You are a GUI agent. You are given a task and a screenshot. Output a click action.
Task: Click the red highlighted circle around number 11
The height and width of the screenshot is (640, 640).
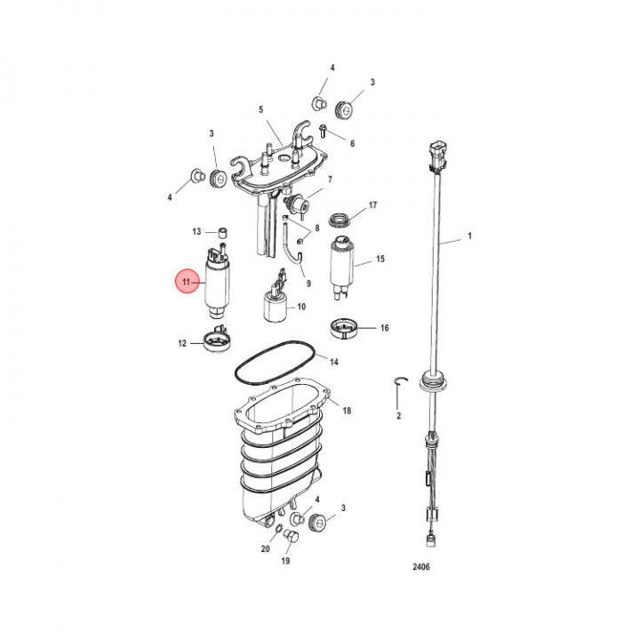click(188, 282)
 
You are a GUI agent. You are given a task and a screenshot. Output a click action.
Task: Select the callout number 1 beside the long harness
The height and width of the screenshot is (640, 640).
click(470, 236)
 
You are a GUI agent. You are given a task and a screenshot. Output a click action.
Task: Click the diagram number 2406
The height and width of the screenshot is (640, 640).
click(420, 566)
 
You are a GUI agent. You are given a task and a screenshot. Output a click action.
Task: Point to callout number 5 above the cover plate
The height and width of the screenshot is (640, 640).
click(261, 109)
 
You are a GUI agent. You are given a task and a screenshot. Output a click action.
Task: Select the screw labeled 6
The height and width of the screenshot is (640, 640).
click(323, 131)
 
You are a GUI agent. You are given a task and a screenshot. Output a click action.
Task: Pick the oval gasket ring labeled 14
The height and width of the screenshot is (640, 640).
click(276, 363)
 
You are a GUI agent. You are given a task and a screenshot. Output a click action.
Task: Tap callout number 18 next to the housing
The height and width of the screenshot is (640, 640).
click(347, 410)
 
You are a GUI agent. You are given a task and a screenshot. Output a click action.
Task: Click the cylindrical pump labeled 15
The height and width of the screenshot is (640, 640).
click(341, 268)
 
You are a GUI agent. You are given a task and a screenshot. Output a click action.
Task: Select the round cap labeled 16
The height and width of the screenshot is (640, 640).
click(345, 329)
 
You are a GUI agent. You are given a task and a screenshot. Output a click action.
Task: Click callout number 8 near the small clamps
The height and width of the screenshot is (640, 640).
click(317, 228)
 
